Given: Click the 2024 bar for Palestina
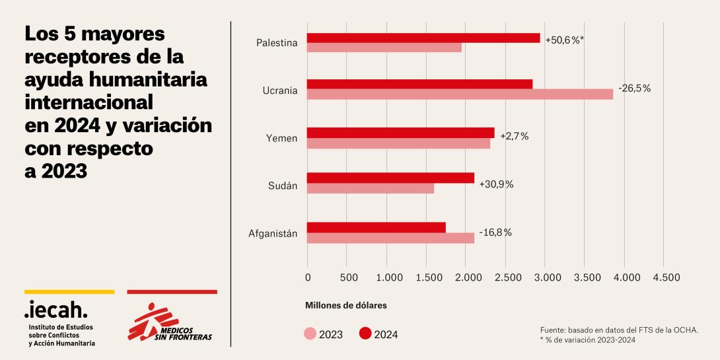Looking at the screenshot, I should pyautogui.click(x=423, y=38).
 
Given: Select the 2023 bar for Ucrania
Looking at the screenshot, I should pyautogui.click(x=460, y=94).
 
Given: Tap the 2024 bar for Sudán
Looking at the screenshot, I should pyautogui.click(x=390, y=178).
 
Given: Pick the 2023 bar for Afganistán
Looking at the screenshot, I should pyautogui.click(x=390, y=238).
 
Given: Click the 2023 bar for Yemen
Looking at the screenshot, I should pyautogui.click(x=398, y=143).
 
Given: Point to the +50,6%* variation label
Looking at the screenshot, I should pyautogui.click(x=565, y=40).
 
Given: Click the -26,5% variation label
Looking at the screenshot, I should pyautogui.click(x=634, y=88).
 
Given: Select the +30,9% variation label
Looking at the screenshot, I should pyautogui.click(x=496, y=184).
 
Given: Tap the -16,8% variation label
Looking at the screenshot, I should pyautogui.click(x=494, y=232).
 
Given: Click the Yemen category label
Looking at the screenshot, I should pyautogui.click(x=282, y=138).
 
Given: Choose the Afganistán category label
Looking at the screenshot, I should pyautogui.click(x=273, y=233).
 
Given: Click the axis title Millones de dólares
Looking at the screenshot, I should pyautogui.click(x=345, y=306).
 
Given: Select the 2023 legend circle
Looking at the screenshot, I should pyautogui.click(x=310, y=334).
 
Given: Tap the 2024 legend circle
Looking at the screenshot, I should pyautogui.click(x=365, y=334).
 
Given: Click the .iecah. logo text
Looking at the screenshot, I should pyautogui.click(x=55, y=308).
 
